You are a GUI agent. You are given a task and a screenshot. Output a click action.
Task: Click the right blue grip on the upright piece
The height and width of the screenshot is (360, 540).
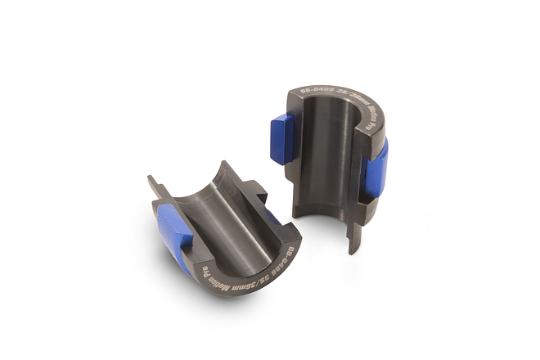pos(376,168)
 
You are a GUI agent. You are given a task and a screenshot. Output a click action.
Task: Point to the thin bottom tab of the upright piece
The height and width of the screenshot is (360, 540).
pos(353,237)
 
